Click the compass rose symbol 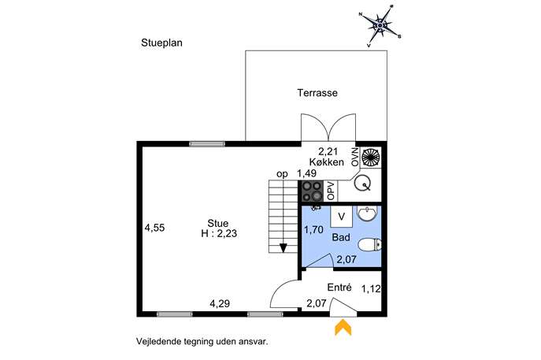click(380, 25)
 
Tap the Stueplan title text click(161, 43)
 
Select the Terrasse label click(317, 93)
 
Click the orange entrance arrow click(343, 327)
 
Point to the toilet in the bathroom click(370, 245)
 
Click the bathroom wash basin click(368, 213)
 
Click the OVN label click(355, 157)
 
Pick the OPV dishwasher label click(331, 191)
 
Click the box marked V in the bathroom click(341, 217)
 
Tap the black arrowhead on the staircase click(283, 248)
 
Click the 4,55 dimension click(154, 228)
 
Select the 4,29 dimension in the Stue click(220, 304)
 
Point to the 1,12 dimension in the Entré click(371, 289)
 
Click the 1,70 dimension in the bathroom click(313, 229)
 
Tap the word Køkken click(326, 161)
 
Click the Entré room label click(339, 288)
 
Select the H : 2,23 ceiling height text click(219, 234)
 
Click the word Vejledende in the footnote click(156, 342)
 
